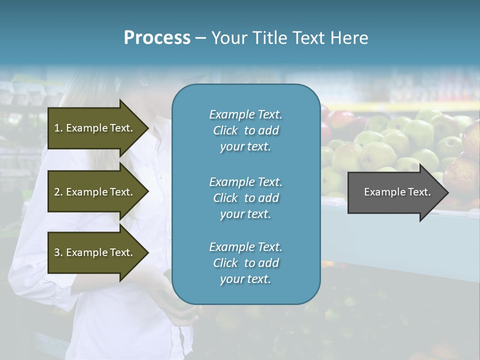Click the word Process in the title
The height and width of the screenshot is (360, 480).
click(x=157, y=37)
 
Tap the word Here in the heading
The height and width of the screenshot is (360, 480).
click(x=349, y=37)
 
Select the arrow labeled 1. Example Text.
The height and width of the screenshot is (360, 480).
click(x=95, y=128)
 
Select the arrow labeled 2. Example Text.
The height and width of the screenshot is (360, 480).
click(x=95, y=192)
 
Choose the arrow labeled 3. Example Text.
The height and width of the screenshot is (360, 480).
click(x=95, y=252)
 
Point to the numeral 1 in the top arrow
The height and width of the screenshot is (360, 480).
click(x=57, y=128)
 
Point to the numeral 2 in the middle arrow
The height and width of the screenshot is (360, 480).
click(x=57, y=192)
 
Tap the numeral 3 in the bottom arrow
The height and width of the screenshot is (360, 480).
click(x=57, y=252)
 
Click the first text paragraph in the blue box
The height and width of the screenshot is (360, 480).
click(x=245, y=130)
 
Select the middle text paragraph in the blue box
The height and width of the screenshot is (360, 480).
click(x=245, y=198)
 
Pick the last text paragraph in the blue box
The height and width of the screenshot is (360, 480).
click(x=245, y=263)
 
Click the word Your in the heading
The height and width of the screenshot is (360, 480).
click(x=229, y=37)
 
